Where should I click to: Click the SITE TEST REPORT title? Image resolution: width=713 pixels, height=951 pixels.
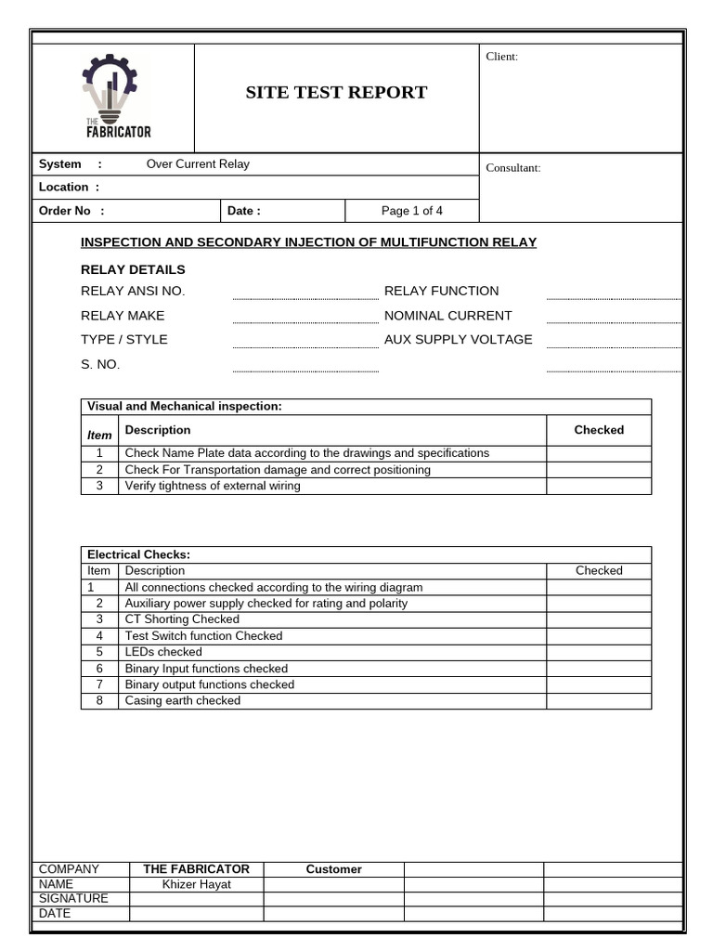coord(336,92)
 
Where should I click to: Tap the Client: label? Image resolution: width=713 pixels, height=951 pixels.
coord(502,57)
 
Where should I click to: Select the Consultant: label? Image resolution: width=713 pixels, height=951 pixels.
coord(513,168)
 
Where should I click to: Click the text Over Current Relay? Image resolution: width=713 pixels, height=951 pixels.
coord(198,164)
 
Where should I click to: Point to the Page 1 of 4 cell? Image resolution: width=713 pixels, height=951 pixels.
coord(412,211)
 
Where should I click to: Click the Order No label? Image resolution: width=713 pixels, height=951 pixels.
coord(71,211)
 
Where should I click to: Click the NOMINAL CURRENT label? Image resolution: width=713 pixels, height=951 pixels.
coord(447,316)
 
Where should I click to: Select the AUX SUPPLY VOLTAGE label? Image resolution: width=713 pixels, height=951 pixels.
coord(458,340)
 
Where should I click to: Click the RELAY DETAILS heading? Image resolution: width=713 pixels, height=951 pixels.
coord(133,270)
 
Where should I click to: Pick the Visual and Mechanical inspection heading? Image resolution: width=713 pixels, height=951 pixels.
coord(184,407)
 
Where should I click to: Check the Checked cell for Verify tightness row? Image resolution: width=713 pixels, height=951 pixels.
coord(598,486)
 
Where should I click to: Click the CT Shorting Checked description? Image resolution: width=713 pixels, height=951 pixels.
coord(182,619)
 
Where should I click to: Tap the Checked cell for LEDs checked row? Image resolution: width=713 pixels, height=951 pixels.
coord(598,652)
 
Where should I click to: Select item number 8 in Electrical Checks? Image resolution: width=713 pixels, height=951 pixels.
coord(99,701)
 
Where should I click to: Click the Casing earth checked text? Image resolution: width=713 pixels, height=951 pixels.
coord(182,701)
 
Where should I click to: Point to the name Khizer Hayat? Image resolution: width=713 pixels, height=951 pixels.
coord(196,884)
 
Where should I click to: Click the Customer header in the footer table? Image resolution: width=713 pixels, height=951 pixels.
coord(333,869)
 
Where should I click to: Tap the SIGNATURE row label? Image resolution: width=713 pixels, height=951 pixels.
coord(73,899)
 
